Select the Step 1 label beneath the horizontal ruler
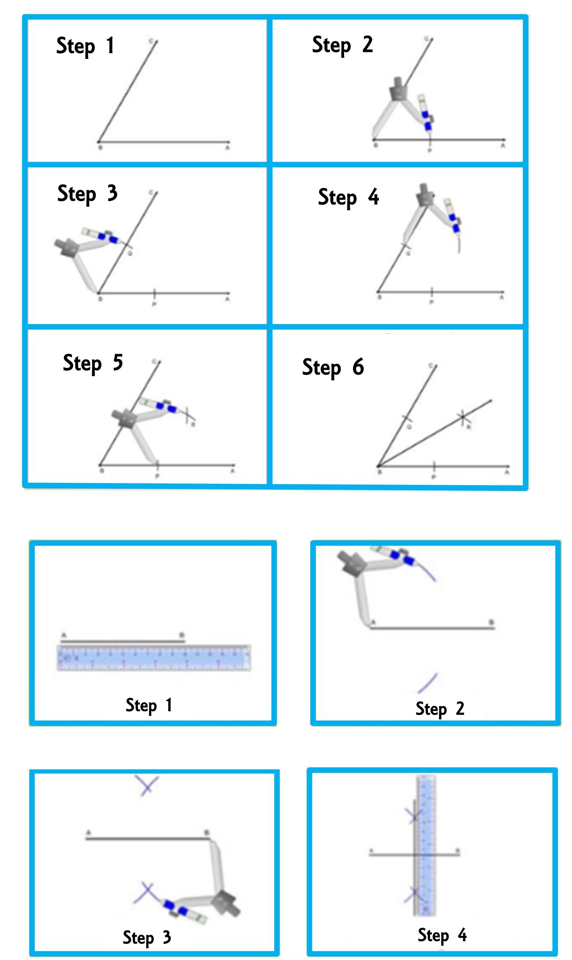[149, 705]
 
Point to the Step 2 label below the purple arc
[440, 709]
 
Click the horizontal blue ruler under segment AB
[154, 658]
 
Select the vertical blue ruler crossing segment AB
[426, 845]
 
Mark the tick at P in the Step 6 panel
[434, 466]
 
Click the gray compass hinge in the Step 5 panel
[124, 417]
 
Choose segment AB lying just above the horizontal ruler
[123, 641]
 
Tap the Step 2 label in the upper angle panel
[342, 45]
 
